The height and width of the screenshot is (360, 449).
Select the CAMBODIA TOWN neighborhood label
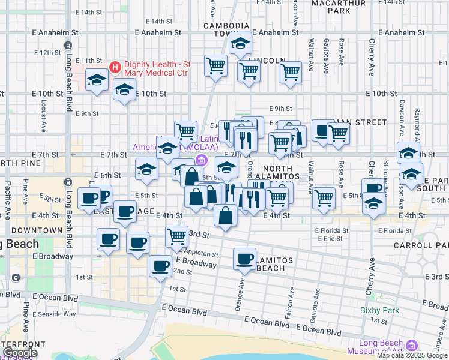coord(226,30)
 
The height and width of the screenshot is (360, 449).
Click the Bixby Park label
coord(379,310)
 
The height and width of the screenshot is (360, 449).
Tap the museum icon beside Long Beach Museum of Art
coord(411,346)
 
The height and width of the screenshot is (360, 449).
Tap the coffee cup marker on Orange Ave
coord(244,259)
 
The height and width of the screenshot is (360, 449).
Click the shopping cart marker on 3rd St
coord(176,236)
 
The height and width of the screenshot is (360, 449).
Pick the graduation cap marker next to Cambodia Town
coord(240,44)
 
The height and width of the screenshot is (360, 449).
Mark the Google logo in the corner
coord(20,353)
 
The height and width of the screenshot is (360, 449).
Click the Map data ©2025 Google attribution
coord(412,355)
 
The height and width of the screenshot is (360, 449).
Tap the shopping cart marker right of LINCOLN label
coord(290,73)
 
